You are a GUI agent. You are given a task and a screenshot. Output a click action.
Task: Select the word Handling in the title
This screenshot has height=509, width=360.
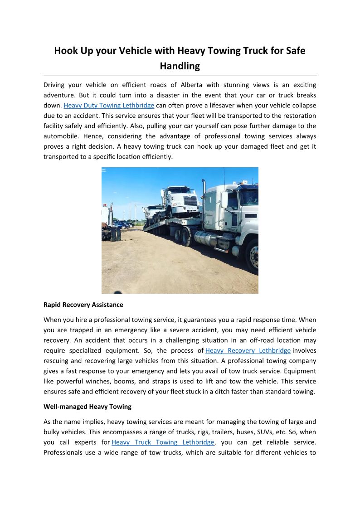coord(180,66)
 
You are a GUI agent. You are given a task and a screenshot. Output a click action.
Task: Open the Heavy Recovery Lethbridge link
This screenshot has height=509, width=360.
coord(248,350)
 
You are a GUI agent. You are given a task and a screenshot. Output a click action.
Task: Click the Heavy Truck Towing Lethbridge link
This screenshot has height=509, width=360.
coord(163,442)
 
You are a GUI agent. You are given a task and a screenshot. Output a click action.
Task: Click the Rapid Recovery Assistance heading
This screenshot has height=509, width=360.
coord(83,304)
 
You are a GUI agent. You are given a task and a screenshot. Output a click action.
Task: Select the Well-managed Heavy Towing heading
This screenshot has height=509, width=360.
coord(87,406)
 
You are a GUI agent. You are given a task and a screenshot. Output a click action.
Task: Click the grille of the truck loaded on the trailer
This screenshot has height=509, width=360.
coord(191,200)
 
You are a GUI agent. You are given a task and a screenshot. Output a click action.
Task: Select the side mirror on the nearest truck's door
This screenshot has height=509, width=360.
coord(224,199)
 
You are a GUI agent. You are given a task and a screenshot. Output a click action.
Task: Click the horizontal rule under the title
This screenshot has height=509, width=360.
coord(180,75)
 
